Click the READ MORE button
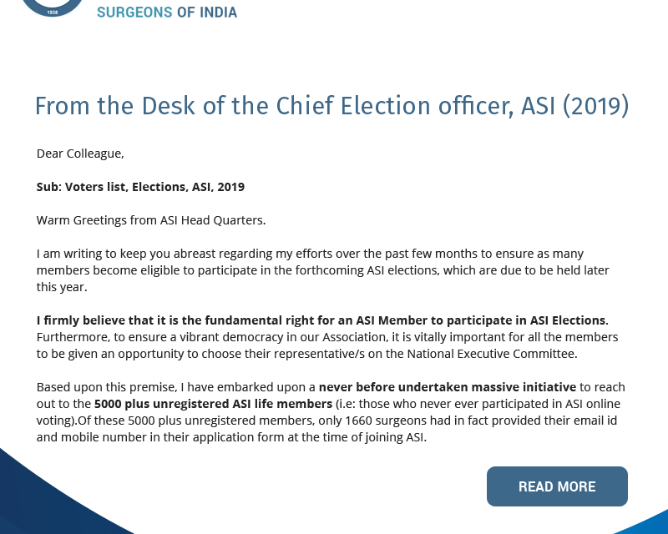coord(557,486)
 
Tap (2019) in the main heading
coord(595,107)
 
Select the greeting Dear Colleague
coord(80,154)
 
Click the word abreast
coord(189,254)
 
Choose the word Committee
coord(541,354)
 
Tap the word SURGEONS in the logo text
coord(130,13)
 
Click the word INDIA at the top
coord(215,13)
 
